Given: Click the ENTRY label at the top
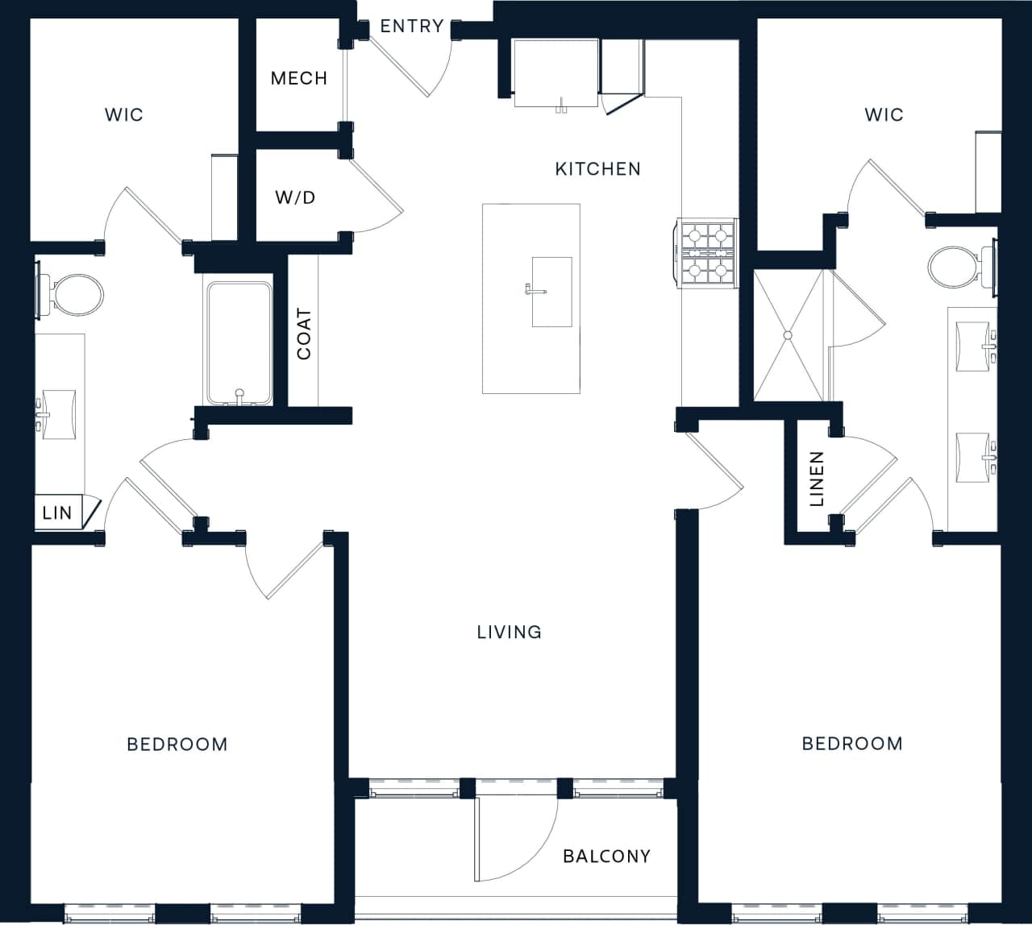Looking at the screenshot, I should tap(411, 26).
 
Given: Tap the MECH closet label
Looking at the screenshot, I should tap(298, 78).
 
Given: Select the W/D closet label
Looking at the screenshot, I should tap(295, 197).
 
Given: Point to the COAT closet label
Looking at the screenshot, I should tap(304, 334).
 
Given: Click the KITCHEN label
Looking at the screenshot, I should tap(597, 168).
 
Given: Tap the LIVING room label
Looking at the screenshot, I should tap(509, 632).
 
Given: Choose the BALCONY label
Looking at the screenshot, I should tap(606, 856).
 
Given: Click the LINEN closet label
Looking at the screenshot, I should tap(817, 479).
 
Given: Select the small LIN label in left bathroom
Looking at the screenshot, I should tap(57, 512).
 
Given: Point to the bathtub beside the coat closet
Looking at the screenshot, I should tap(239, 342).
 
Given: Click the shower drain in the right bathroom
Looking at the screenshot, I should tap(787, 334).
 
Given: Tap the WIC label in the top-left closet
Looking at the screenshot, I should tap(124, 114).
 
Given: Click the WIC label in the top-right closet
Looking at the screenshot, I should tap(884, 114).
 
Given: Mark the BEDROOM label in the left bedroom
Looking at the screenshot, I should tap(177, 744).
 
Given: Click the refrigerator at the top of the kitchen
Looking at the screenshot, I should tap(556, 73).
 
